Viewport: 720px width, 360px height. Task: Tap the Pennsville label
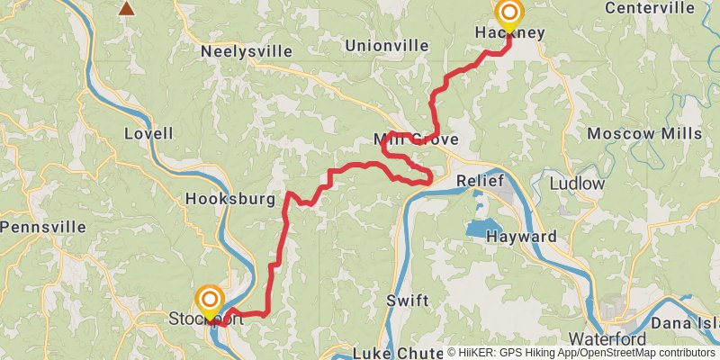42,227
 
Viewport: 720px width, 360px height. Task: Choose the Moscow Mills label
644,133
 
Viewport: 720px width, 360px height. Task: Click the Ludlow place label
577,184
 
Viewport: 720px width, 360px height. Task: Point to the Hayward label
521,237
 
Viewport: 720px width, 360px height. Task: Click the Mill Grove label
416,139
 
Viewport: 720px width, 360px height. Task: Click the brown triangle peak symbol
128,8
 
